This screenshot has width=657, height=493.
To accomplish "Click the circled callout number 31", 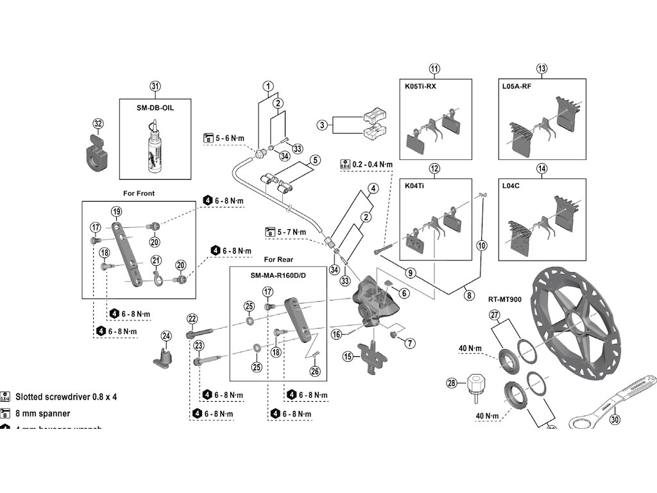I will (155, 87).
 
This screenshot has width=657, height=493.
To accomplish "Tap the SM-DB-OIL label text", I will (155, 108).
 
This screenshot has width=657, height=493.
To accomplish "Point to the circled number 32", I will (98, 123).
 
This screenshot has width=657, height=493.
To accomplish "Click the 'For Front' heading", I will (139, 193).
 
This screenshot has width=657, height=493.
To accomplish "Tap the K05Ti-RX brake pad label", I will (420, 86).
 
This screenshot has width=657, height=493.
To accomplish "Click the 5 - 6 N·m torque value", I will (230, 138).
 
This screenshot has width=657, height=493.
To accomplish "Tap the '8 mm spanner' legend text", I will (43, 413).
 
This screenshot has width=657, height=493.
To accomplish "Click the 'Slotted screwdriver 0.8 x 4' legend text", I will (66, 397).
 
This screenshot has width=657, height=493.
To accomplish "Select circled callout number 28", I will (452, 383).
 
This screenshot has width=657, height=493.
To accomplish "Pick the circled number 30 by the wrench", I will (616, 420).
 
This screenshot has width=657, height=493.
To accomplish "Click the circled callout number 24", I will (166, 336).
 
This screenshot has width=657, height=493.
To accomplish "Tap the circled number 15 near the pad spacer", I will (348, 356).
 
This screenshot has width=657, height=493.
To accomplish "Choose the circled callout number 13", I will (542, 69).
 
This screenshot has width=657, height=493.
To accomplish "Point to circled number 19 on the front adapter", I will (116, 211).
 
